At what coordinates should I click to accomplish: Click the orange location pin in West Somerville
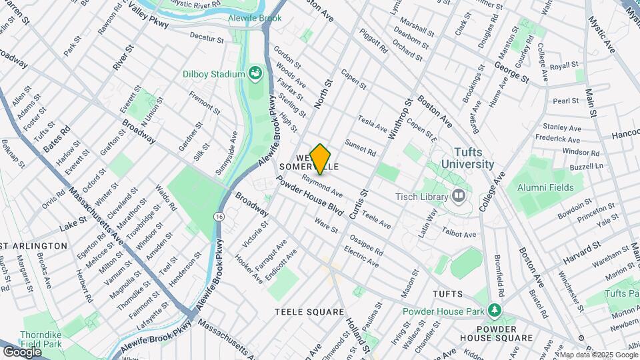click(x=321, y=159)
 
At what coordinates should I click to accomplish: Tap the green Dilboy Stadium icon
click(x=254, y=73)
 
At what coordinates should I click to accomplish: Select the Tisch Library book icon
click(x=458, y=195)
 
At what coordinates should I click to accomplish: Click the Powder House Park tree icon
click(x=494, y=311)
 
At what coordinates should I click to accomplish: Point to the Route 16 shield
click(x=219, y=217)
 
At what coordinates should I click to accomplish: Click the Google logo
click(x=23, y=351)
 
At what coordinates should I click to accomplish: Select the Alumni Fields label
click(x=547, y=187)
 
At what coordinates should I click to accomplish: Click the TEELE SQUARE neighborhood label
click(x=309, y=312)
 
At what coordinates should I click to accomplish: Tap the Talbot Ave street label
click(x=460, y=234)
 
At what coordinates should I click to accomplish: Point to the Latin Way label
click(x=431, y=221)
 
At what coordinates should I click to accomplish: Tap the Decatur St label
click(x=206, y=35)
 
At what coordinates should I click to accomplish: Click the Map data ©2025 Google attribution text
click(x=597, y=355)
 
